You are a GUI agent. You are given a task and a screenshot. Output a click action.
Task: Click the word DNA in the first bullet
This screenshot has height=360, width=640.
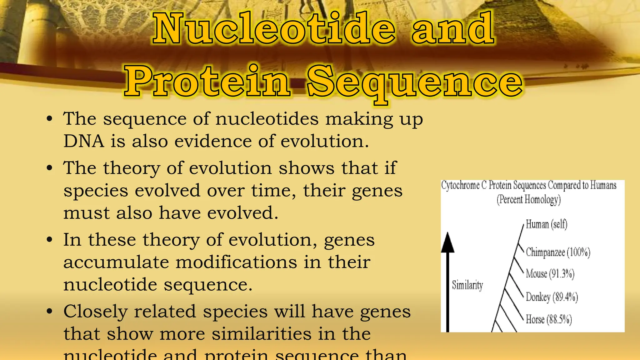pos(83,141)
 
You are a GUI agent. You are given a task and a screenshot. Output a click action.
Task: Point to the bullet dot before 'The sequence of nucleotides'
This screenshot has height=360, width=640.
pos(49,119)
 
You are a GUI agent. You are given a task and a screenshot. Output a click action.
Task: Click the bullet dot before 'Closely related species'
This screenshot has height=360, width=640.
pos(49,312)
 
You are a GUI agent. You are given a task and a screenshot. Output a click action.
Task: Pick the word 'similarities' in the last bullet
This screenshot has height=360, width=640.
pos(262,334)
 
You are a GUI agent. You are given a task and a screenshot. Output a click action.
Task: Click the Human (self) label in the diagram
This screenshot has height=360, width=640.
pos(546,224)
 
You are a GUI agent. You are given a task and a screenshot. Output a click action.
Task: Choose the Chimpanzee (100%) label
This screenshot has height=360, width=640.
pos(558,252)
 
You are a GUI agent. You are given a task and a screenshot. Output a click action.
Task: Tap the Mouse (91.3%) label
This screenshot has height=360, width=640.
pos(550,274)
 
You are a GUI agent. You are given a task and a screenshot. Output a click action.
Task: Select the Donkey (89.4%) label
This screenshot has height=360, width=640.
pos(552,297)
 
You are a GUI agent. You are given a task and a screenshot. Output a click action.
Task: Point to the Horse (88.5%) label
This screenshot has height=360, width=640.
pos(549,319)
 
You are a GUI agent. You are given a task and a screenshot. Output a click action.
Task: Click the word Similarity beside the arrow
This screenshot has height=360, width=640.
pos(467,285)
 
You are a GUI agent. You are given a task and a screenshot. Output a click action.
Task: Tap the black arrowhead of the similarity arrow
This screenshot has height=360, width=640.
pos(447,243)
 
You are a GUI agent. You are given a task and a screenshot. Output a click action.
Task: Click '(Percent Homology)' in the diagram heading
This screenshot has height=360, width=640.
pos(529,199)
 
